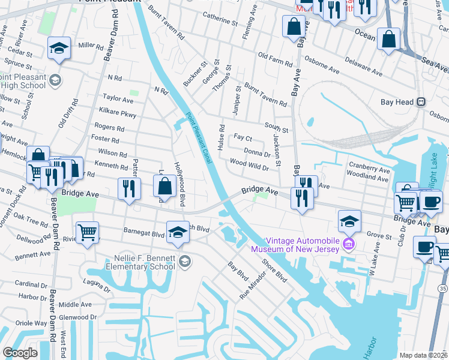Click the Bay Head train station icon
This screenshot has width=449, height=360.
tap(421, 102)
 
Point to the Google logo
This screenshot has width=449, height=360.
tap(20, 353)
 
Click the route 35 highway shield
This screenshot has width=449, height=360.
tap(442, 289)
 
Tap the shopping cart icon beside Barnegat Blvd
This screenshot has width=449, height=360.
tap(88, 232)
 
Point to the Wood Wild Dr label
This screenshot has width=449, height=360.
tap(249, 166)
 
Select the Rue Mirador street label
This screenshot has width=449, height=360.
tap(252, 283)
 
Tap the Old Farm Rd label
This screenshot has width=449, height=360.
tap(275, 59)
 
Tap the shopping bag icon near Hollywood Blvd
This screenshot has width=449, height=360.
tap(164, 186)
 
